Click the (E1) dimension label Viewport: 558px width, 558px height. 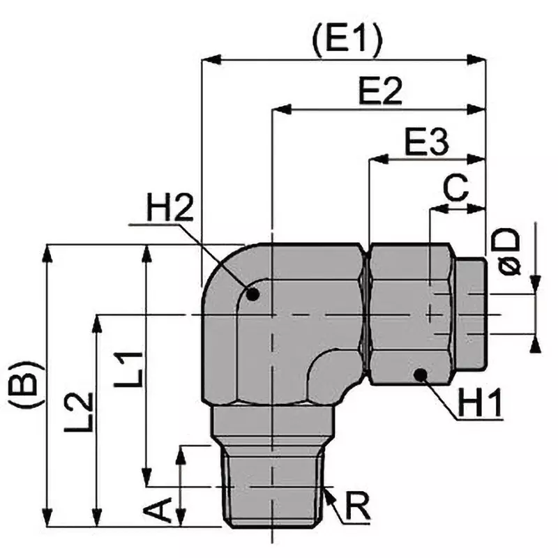tap(347, 41)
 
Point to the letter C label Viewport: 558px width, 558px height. tap(456, 188)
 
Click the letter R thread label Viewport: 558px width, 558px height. tap(357, 507)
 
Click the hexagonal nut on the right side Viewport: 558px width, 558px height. tap(408, 314)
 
